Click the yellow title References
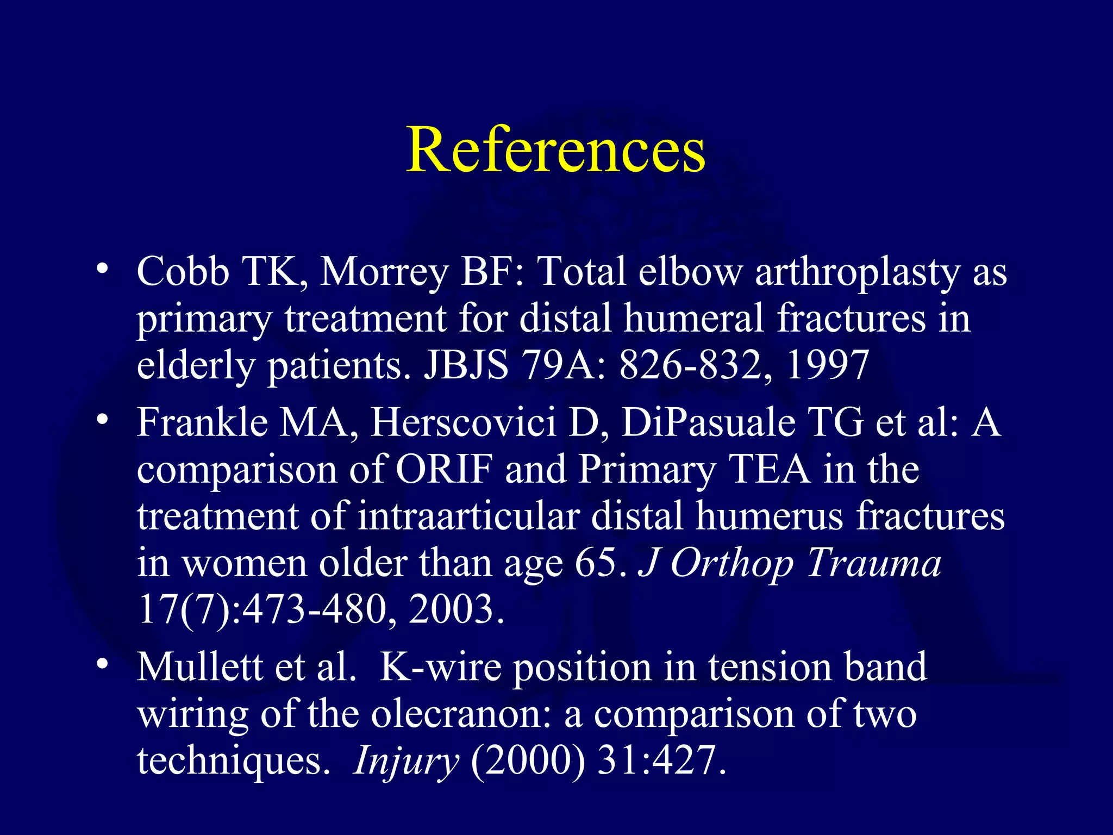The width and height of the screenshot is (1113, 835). pyautogui.click(x=555, y=149)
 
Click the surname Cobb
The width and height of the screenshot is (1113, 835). pyautogui.click(x=183, y=271)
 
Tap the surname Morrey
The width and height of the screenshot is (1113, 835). pyautogui.click(x=384, y=272)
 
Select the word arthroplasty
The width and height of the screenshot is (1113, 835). pyautogui.click(x=858, y=272)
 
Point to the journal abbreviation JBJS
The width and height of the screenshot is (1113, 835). pyautogui.click(x=466, y=364)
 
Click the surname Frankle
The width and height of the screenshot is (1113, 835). pyautogui.click(x=202, y=422)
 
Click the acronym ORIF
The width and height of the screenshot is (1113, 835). pyautogui.click(x=444, y=469)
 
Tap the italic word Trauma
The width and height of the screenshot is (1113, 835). pyautogui.click(x=873, y=563)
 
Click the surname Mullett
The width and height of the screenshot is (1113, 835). pyautogui.click(x=199, y=666)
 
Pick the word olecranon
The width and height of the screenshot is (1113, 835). pyautogui.click(x=461, y=713)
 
